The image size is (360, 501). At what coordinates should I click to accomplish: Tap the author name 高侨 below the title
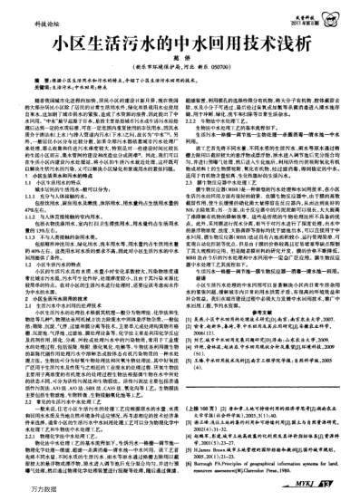(180, 57)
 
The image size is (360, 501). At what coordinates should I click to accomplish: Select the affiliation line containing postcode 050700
(180, 67)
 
